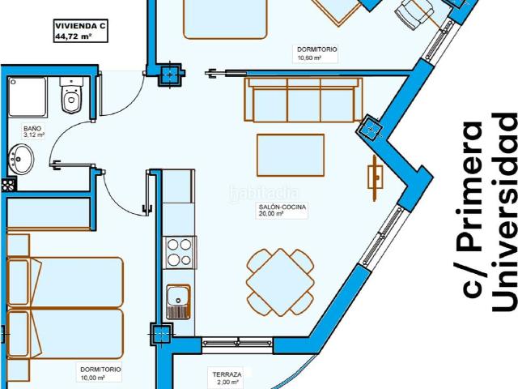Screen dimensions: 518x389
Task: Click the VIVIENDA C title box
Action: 81,31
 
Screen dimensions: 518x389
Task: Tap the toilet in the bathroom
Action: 71,96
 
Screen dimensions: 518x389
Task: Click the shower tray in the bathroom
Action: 28,96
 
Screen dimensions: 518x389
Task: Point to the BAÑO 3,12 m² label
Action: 33,131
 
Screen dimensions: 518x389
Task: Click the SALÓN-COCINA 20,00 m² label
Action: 282,211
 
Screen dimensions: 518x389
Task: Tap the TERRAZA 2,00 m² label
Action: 227,378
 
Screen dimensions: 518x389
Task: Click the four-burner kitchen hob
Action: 180,252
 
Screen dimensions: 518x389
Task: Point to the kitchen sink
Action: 178,301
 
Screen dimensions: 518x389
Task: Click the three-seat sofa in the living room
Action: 304,100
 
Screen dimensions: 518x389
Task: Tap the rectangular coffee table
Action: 291,155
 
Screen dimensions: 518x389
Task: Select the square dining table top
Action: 280,282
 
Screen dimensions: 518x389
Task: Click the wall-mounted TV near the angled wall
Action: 376,178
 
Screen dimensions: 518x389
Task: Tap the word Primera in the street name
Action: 469,209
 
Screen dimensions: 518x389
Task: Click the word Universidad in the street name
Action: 504,212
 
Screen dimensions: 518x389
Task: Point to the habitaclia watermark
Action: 264,193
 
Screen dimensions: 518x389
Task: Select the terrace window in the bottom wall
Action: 237,343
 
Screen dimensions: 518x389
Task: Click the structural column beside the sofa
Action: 371,128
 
